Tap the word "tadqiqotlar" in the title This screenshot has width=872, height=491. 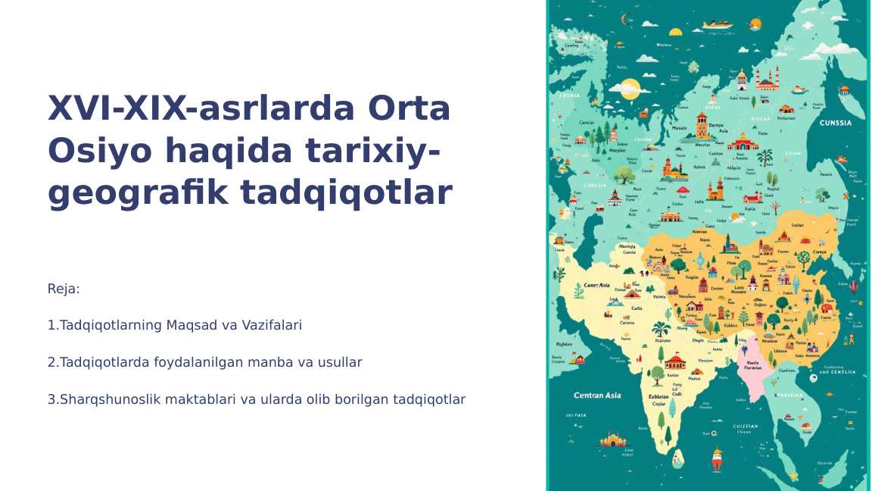coord(346,192)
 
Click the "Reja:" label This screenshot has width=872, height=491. coord(64,289)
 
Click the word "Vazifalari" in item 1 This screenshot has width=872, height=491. coord(272,325)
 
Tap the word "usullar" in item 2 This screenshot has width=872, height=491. coord(340,362)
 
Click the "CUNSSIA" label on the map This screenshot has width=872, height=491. coord(835,123)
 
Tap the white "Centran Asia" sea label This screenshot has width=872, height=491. coord(596,396)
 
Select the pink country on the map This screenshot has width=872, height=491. coord(754,371)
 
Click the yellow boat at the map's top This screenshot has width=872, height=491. coord(717,25)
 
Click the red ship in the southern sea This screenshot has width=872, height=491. coord(717,458)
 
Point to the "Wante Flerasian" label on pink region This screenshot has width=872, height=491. coord(754,365)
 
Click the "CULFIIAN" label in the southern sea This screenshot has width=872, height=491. coord(745,427)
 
